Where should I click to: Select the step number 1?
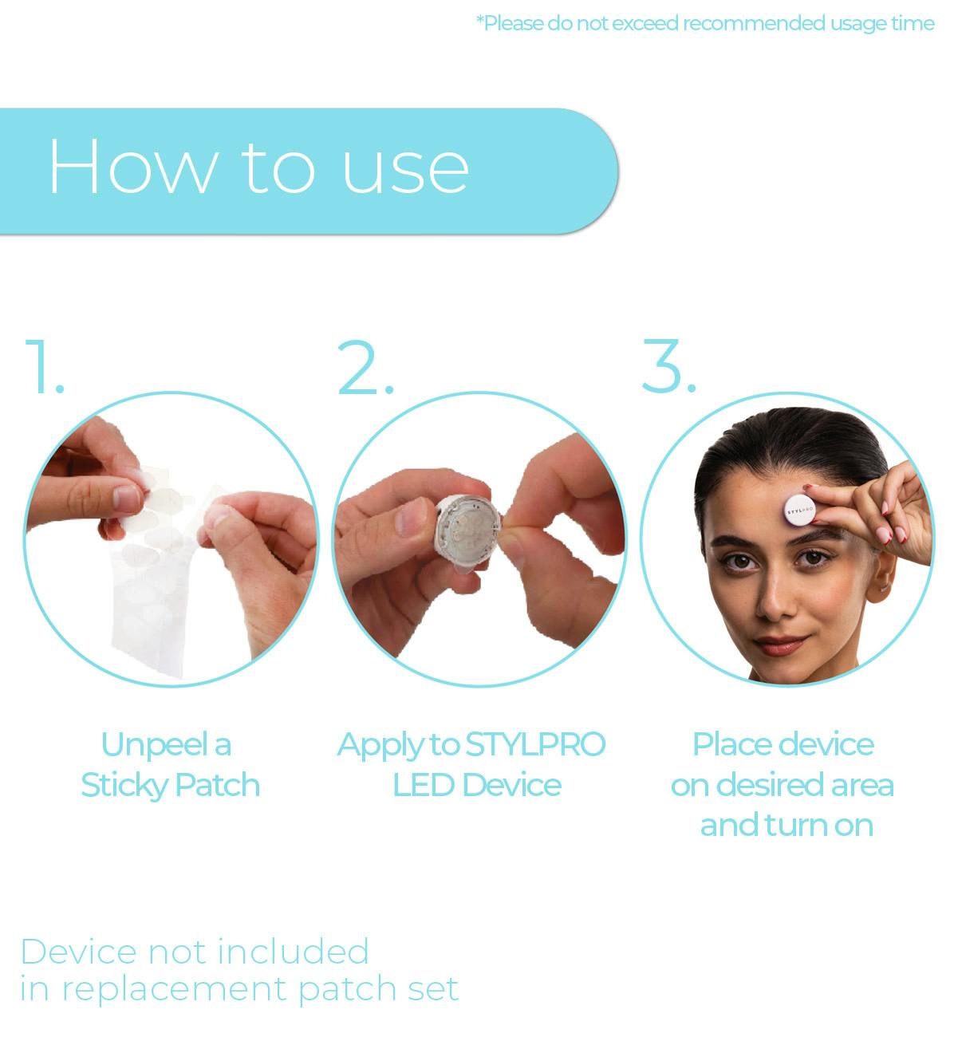pyautogui.click(x=44, y=367)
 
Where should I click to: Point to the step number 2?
pyautogui.click(x=365, y=368)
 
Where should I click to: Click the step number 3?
pyautogui.click(x=669, y=366)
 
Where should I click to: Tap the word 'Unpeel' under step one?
pyautogui.click(x=155, y=746)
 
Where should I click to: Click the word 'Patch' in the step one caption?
pyautogui.click(x=218, y=785)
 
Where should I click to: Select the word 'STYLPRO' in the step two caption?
pyautogui.click(x=535, y=745)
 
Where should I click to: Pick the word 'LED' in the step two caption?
pyautogui.click(x=424, y=785)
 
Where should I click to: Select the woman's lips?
pyautogui.click(x=780, y=644)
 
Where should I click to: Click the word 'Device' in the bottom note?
pyautogui.click(x=79, y=952)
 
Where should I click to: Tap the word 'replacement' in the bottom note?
pyautogui.click(x=174, y=991)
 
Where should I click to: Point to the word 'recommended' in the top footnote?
pyautogui.click(x=755, y=23)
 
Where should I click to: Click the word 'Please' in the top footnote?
pyautogui.click(x=510, y=23)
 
